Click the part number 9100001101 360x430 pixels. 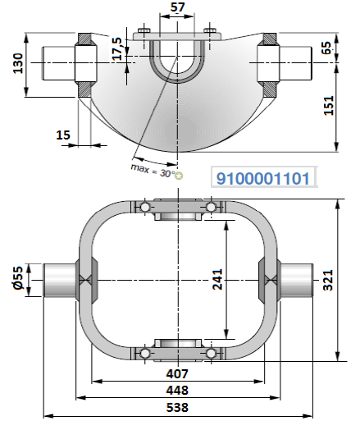pos(263,179)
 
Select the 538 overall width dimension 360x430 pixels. pos(177,407)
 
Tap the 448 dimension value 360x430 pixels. pos(177,391)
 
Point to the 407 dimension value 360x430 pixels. pos(177,373)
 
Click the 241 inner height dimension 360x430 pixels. pos(218,280)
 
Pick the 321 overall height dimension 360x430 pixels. pos(328,280)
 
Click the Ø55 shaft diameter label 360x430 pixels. pos(19,277)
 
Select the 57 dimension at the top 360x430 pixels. pos(177,7)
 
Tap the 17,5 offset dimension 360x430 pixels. pos(117,48)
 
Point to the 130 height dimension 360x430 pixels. pos(18,63)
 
